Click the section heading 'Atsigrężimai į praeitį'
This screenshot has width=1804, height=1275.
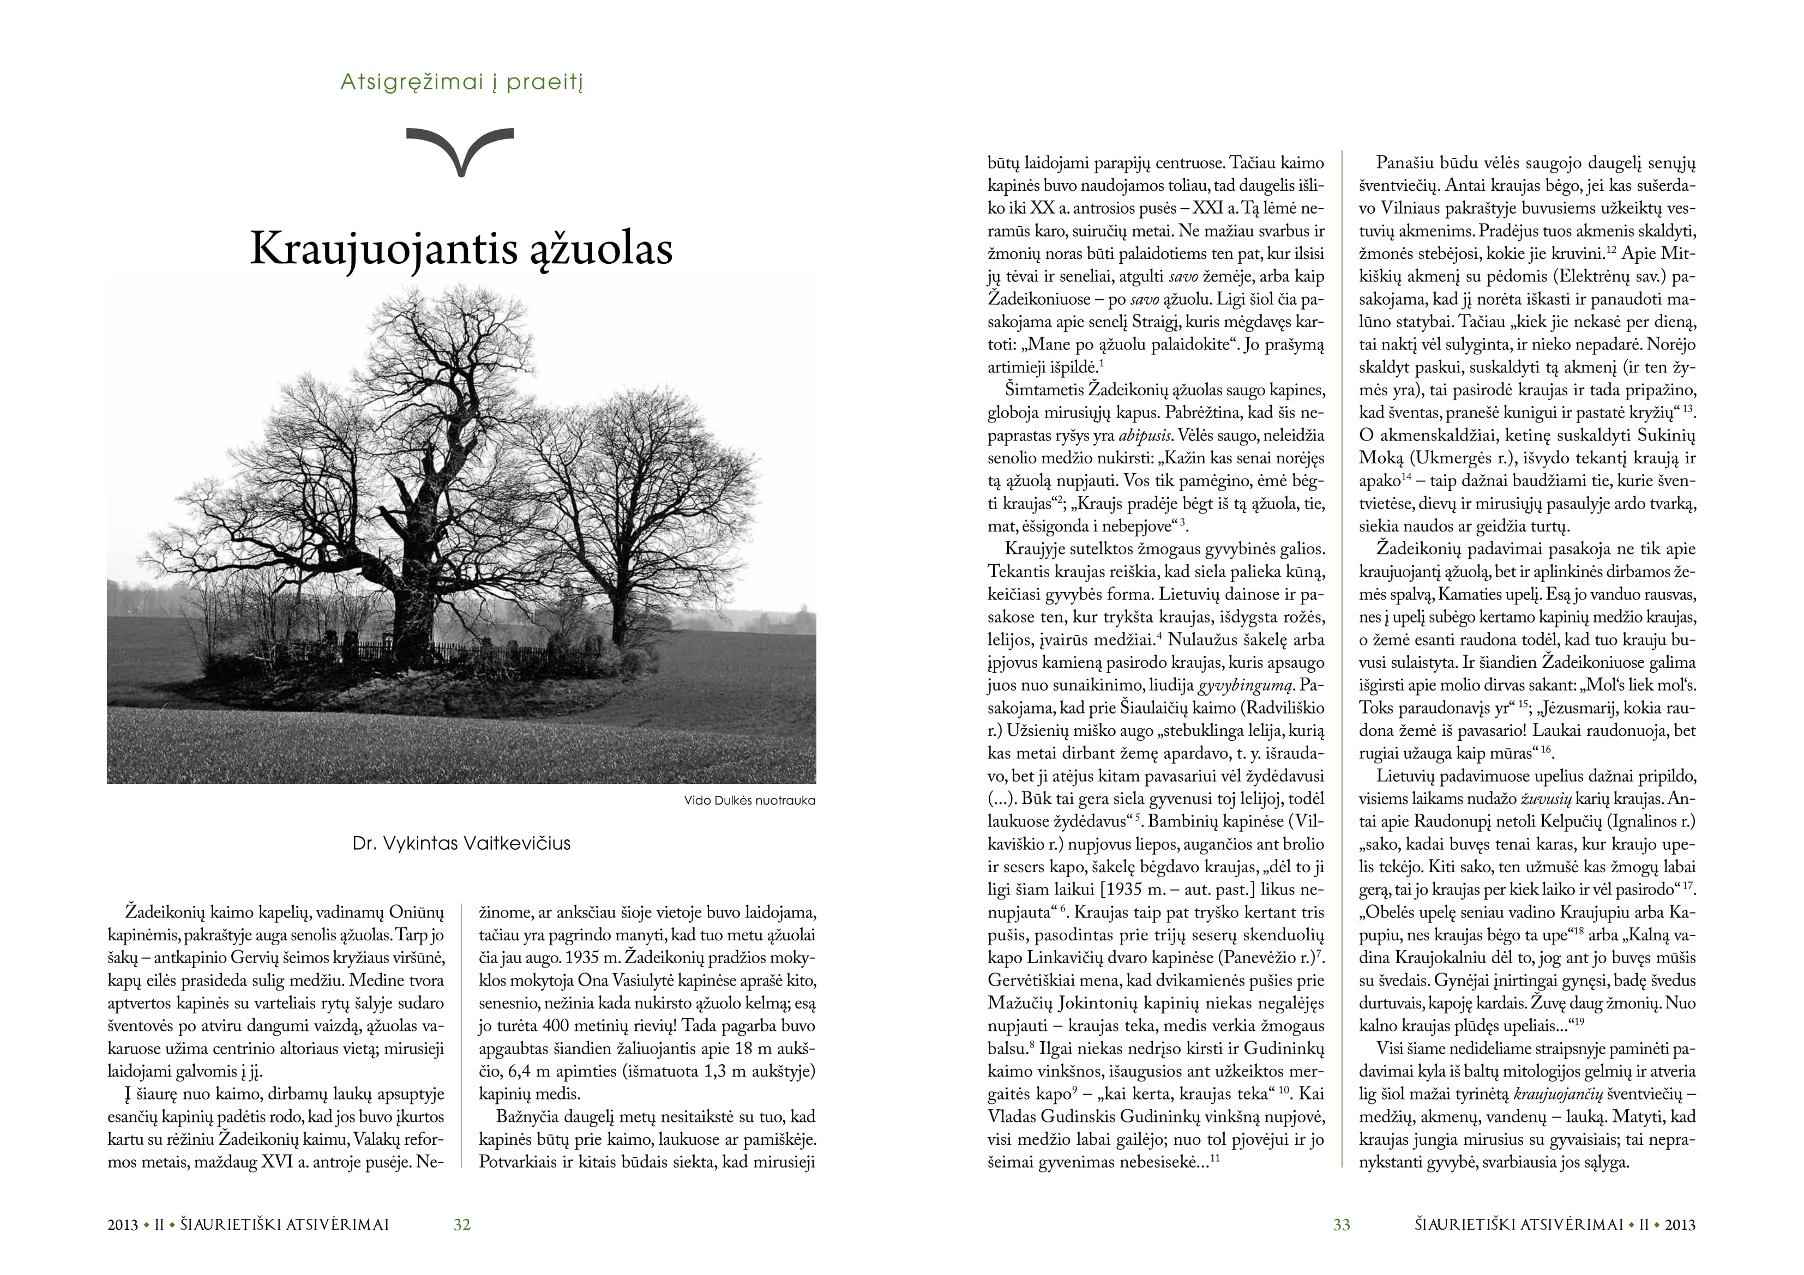coord(461,82)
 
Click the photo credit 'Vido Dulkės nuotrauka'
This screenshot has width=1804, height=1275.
coord(749,801)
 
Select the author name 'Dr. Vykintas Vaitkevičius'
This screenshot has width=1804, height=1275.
coord(461,844)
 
